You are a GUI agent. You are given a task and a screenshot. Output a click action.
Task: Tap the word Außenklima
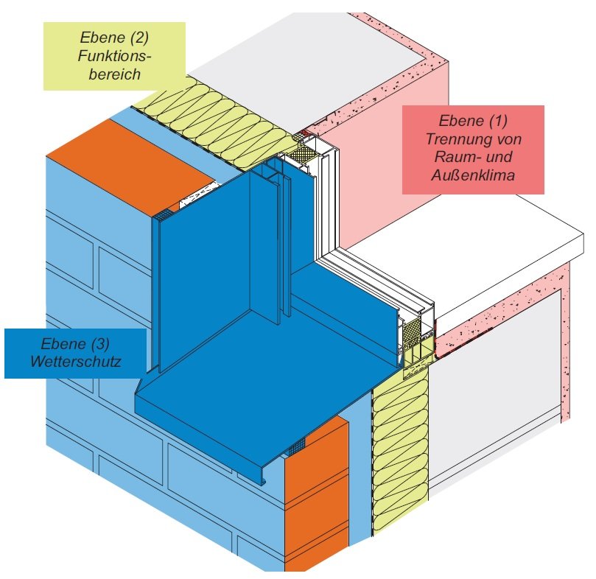point(473,177)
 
